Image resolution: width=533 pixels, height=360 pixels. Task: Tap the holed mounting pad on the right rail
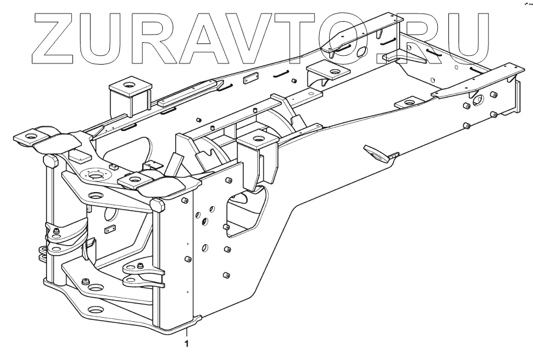tap(406, 104)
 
